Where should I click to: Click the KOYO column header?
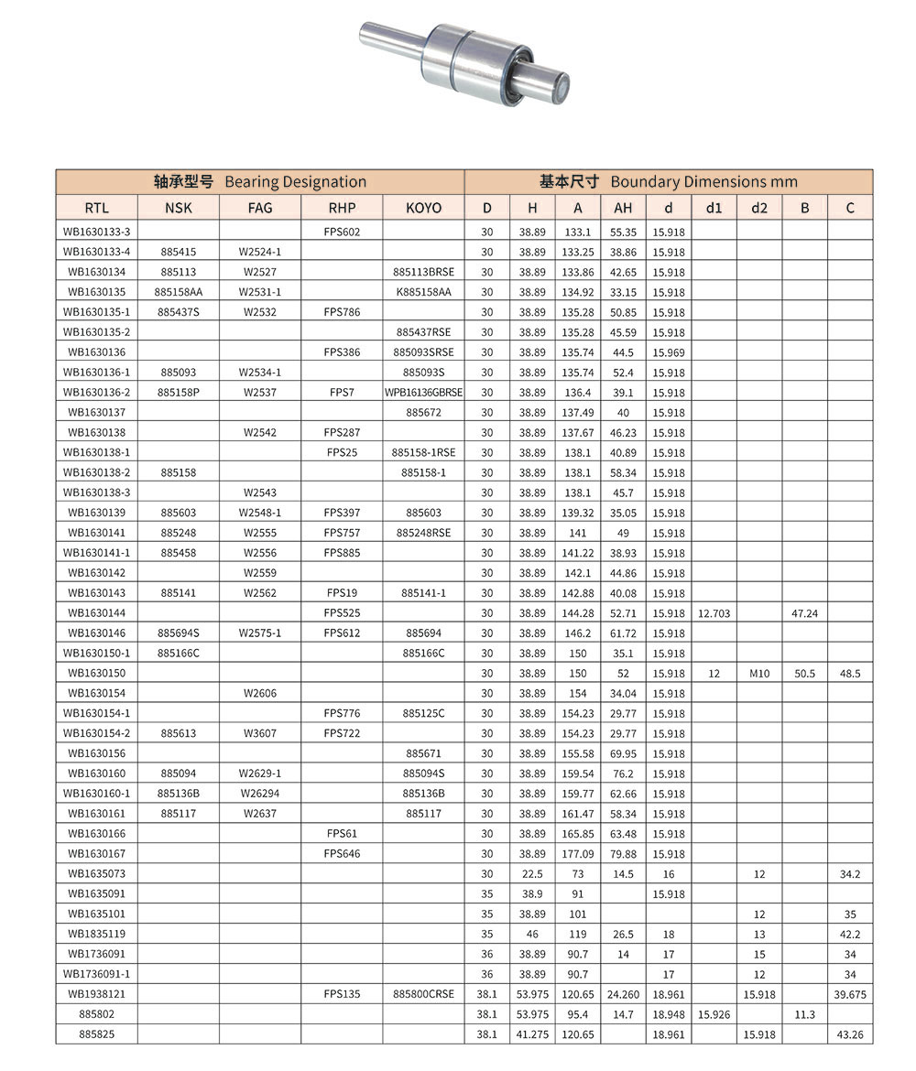click(x=423, y=208)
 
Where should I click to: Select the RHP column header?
click(x=342, y=208)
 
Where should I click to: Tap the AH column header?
click(x=623, y=208)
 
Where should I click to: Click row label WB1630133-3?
click(x=96, y=232)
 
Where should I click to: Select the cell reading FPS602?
click(x=342, y=232)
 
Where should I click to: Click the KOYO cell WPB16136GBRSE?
click(x=423, y=393)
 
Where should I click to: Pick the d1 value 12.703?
click(x=714, y=613)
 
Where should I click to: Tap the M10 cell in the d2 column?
click(x=759, y=673)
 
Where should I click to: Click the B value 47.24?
click(x=804, y=613)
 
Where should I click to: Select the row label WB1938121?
click(x=96, y=994)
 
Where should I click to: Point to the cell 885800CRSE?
click(x=423, y=994)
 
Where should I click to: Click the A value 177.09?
click(x=577, y=854)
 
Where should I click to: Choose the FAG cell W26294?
click(x=260, y=794)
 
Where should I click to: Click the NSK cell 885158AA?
click(x=178, y=292)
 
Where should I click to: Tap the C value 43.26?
click(x=850, y=1034)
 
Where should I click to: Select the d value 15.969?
click(x=669, y=352)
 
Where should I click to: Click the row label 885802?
click(x=96, y=1014)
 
